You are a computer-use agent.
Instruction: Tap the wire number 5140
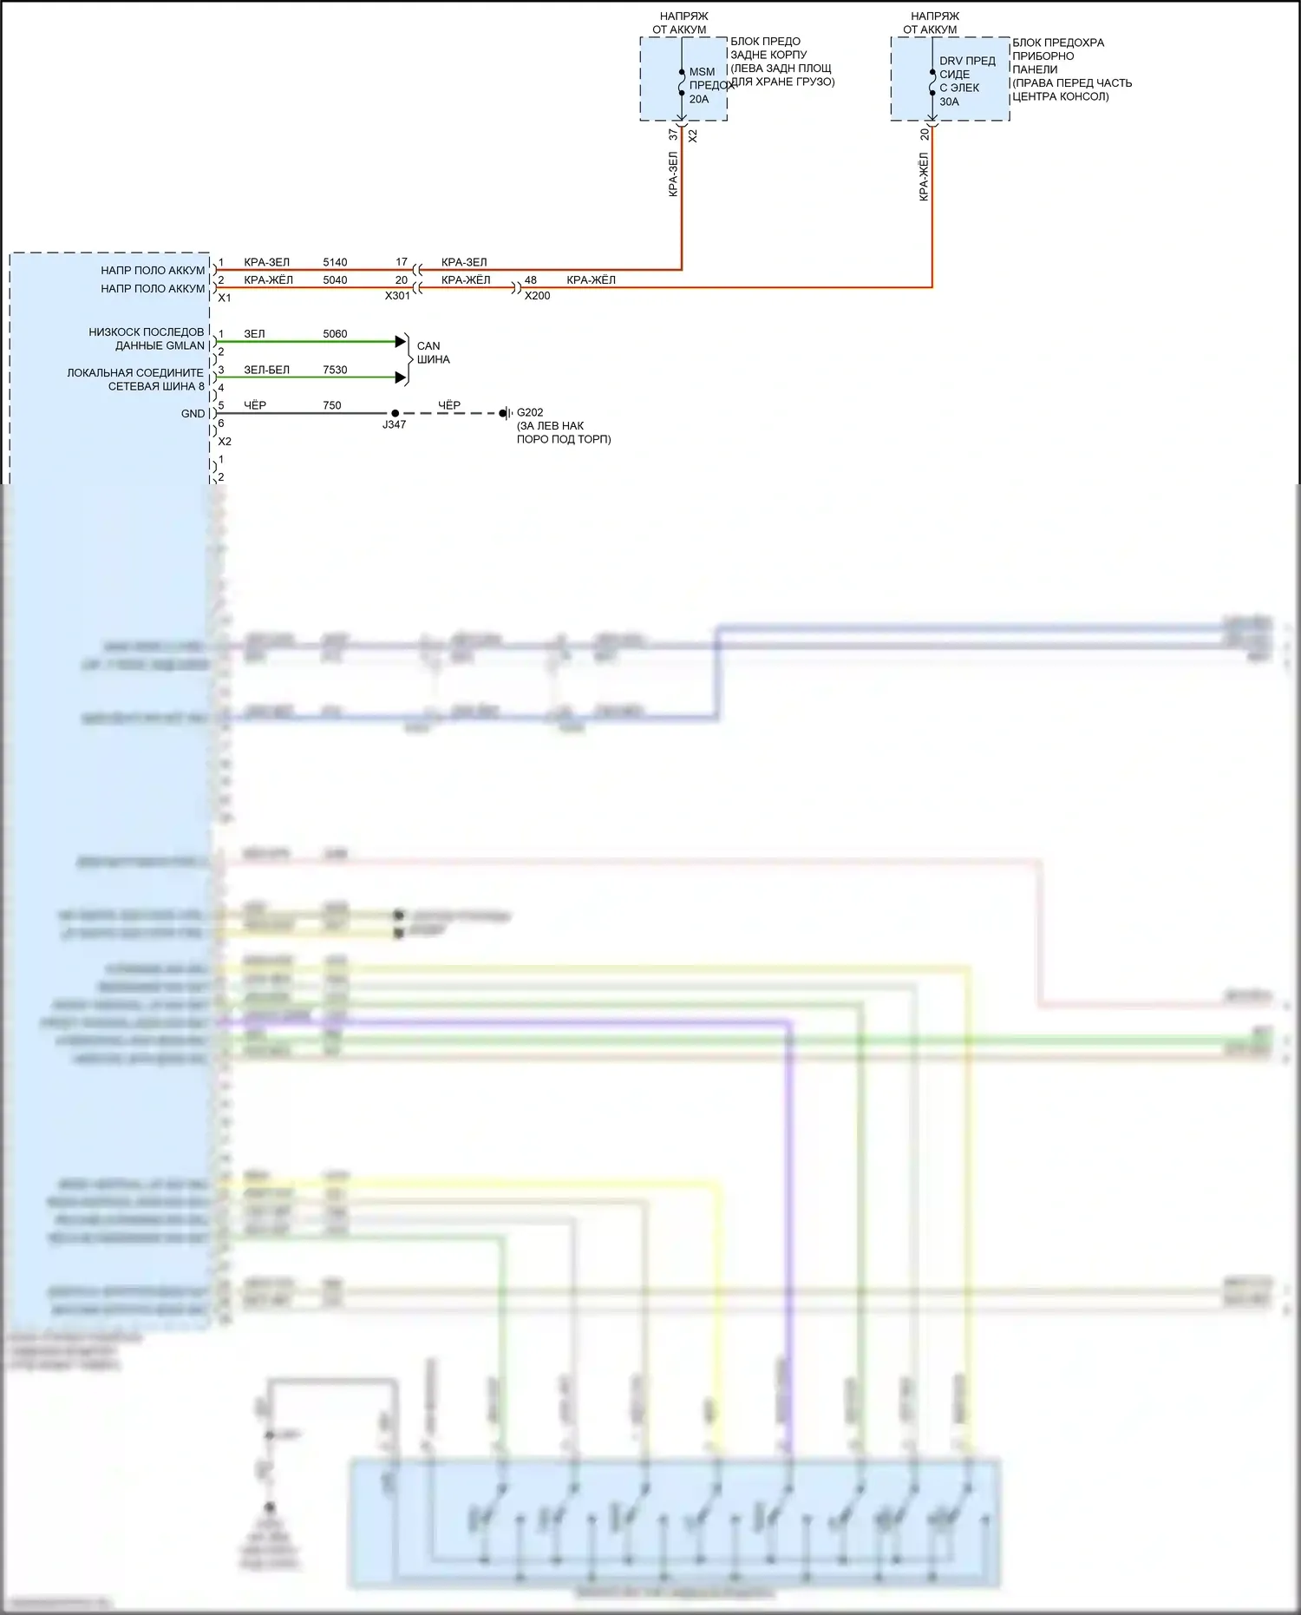335,262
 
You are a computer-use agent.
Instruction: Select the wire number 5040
335,280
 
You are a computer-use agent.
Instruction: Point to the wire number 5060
335,334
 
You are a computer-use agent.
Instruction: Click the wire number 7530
335,370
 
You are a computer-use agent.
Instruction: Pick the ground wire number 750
332,405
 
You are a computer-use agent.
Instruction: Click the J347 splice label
395,424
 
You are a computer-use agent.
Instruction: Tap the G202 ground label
530,412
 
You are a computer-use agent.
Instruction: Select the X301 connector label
397,296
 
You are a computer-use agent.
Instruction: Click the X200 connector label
538,296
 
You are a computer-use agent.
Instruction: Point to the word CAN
428,345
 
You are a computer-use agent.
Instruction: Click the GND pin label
193,414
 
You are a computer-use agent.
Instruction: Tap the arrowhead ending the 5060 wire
401,341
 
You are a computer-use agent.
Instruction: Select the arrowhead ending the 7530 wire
401,377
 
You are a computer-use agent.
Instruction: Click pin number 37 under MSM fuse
673,135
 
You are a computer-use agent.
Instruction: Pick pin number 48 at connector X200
531,280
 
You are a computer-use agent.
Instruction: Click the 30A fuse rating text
949,102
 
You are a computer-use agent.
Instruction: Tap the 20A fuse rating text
699,99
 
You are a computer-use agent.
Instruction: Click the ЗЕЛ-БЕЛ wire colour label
266,370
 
